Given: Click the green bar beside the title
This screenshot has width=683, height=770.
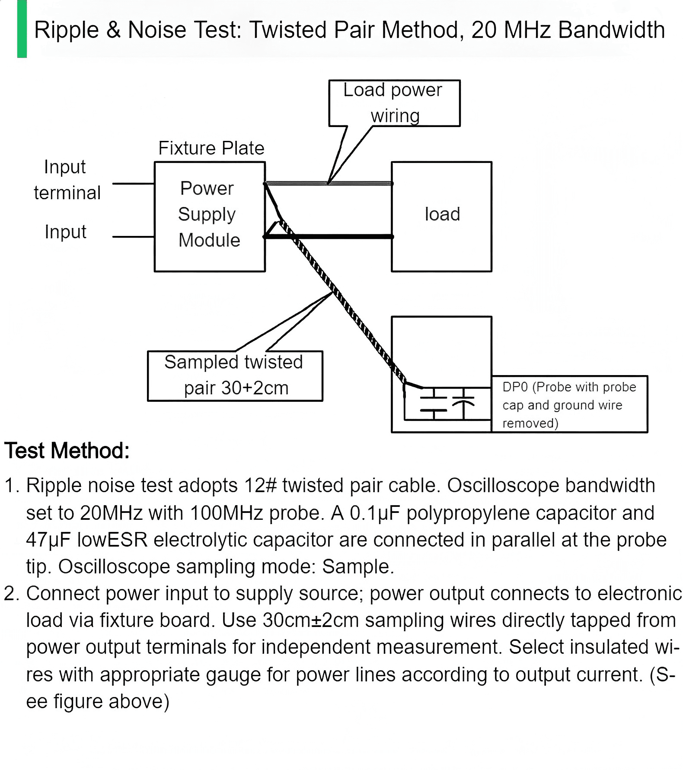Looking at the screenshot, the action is [22, 29].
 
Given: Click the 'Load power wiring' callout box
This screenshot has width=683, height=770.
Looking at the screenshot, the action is [394, 103].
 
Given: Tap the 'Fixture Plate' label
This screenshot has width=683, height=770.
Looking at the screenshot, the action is [211, 148].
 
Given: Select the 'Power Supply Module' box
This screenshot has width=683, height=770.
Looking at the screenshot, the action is [210, 217].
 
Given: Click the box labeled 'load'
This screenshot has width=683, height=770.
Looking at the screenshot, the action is [441, 217].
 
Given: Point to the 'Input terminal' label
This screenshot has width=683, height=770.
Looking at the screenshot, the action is [67, 180].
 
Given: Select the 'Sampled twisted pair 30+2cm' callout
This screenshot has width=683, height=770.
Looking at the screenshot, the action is [235, 376].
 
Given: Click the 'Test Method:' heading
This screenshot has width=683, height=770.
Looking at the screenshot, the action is [67, 451].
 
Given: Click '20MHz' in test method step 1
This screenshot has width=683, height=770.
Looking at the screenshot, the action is [111, 513].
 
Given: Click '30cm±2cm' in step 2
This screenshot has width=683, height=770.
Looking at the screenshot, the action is [311, 620].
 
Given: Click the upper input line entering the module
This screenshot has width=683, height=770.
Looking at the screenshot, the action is [134, 184].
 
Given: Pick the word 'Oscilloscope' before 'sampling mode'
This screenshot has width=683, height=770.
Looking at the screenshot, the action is [114, 567].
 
